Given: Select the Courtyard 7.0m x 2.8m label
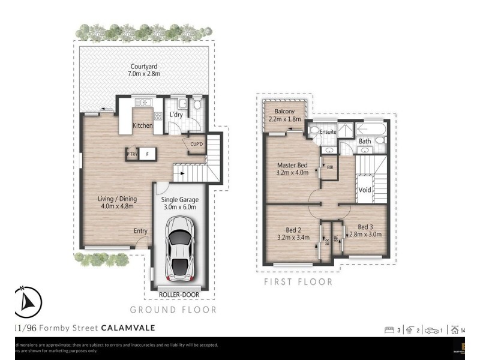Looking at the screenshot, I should (x=143, y=70).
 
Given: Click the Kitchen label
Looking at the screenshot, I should (x=142, y=125).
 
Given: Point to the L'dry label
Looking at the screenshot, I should (x=176, y=115).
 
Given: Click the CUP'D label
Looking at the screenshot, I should (x=196, y=144).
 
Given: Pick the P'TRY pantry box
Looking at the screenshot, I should (x=132, y=154).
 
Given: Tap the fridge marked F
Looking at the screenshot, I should (x=147, y=154).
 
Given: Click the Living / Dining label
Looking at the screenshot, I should (x=118, y=203).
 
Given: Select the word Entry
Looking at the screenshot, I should (x=140, y=230).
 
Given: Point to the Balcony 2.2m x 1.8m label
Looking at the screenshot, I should (x=286, y=115).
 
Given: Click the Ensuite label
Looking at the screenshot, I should (x=328, y=131).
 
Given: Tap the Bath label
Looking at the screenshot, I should (x=364, y=142).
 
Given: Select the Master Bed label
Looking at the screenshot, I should (x=292, y=169).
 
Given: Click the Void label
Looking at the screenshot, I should (x=365, y=190).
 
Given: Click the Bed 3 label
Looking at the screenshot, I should (x=365, y=230).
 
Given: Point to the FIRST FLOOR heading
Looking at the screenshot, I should (x=298, y=281).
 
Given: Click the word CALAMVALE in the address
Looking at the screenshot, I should (x=128, y=328).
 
